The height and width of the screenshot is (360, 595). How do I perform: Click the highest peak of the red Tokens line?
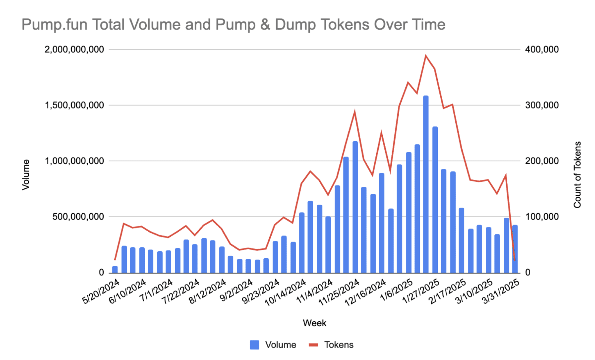point(426,56)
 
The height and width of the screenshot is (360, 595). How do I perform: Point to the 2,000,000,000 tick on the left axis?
point(74,50)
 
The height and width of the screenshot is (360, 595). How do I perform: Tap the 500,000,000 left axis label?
point(78,217)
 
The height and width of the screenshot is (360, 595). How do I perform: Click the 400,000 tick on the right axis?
point(542,50)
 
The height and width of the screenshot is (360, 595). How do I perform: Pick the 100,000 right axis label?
point(542,217)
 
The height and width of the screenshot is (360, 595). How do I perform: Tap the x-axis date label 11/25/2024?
point(339,292)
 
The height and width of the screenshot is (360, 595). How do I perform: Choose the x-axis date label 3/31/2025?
point(501,291)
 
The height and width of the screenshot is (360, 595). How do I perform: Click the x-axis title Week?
point(314,323)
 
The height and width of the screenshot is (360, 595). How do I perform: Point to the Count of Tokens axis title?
point(577,175)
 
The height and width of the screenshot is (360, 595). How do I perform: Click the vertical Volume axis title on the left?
point(26,175)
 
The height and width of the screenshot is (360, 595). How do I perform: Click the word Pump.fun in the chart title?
point(54,25)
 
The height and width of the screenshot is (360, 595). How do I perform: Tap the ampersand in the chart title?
point(265,25)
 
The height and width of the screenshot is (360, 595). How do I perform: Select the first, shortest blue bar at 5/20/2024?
point(115,269)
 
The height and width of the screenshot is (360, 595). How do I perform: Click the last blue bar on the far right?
point(515,249)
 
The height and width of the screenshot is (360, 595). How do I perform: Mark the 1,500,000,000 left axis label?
point(74,105)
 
